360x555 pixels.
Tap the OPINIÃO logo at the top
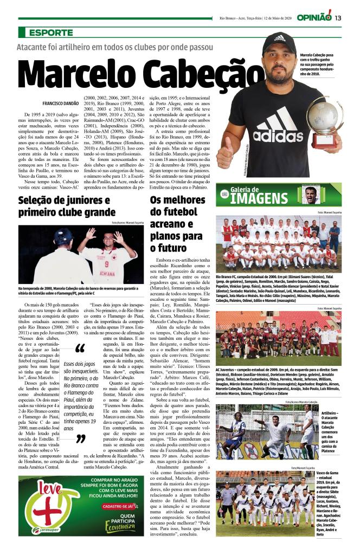click(314, 16)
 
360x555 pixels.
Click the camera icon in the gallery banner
click(224, 193)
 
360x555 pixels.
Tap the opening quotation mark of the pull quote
click(80, 349)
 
